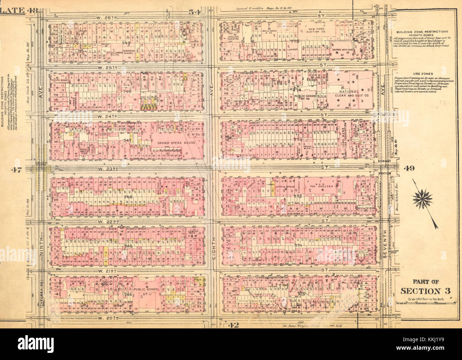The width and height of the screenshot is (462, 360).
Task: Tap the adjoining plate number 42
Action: tap(233, 325)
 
